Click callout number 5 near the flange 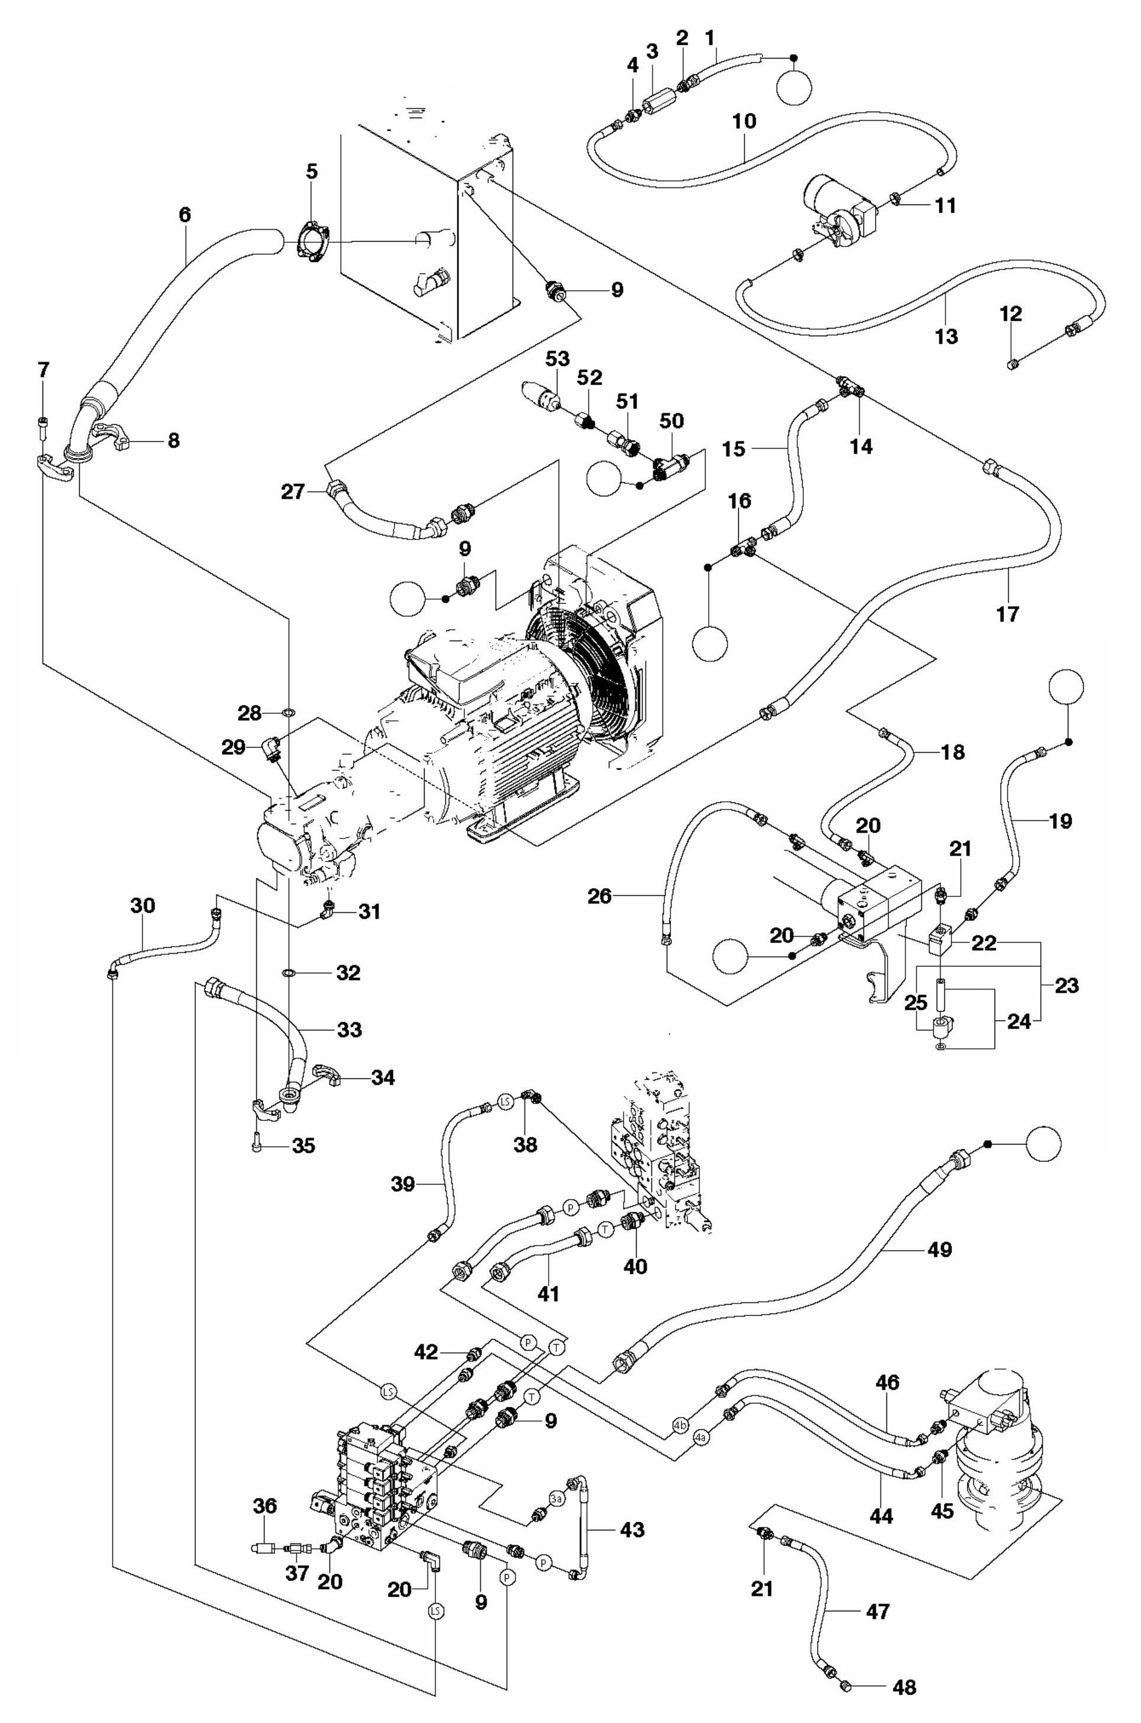click(x=311, y=172)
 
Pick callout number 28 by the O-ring click(x=250, y=713)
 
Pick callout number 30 click(x=143, y=906)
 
